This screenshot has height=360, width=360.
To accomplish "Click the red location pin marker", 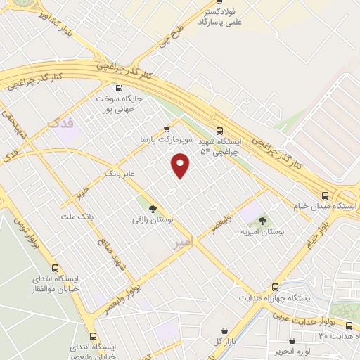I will [x=181, y=167].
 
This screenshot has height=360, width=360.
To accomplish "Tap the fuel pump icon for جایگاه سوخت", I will [x=117, y=89].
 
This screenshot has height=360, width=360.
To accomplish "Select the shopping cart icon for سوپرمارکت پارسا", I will [x=167, y=129].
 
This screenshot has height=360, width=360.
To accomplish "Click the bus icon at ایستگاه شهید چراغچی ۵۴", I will [x=219, y=130].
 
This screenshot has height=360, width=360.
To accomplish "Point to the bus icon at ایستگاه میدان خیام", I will [x=324, y=195].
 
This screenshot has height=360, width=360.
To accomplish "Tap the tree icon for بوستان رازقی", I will [x=153, y=207].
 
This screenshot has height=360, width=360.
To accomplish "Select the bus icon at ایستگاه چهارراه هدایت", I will [x=274, y=287].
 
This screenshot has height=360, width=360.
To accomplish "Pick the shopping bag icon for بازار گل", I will [x=224, y=330].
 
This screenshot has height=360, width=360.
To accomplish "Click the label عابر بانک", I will [x=120, y=172].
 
